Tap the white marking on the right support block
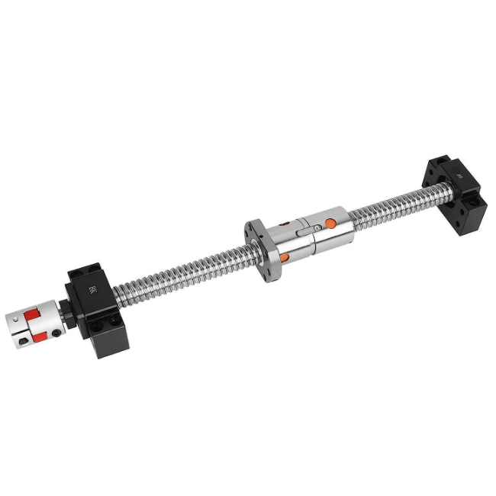click(x=459, y=175)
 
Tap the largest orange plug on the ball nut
click(x=330, y=223)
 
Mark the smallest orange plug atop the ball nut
click(x=285, y=223)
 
